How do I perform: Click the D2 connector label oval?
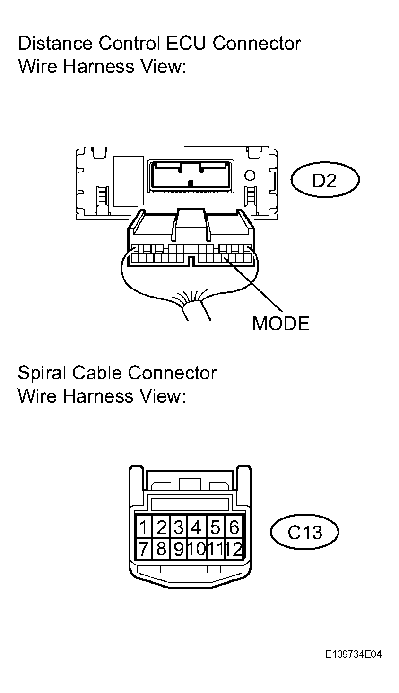tap(325, 180)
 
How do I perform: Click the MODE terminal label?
tap(281, 324)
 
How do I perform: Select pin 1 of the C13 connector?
tap(143, 527)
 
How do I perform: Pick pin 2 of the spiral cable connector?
tap(161, 527)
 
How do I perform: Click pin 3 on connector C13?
tap(179, 527)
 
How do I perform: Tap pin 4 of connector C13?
tap(196, 527)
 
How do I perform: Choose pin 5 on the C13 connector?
tap(215, 527)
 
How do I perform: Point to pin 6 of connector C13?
tap(234, 527)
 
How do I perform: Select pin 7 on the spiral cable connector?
tap(143, 549)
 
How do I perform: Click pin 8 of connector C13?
tap(161, 549)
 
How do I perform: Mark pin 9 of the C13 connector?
tap(179, 549)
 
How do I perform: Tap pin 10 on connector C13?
tap(197, 549)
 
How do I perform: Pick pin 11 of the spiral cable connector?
tap(215, 549)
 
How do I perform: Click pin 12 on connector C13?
tap(234, 549)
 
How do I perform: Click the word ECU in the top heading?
tap(186, 44)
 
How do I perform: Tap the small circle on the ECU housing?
tap(250, 175)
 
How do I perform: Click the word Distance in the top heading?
tap(55, 44)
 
